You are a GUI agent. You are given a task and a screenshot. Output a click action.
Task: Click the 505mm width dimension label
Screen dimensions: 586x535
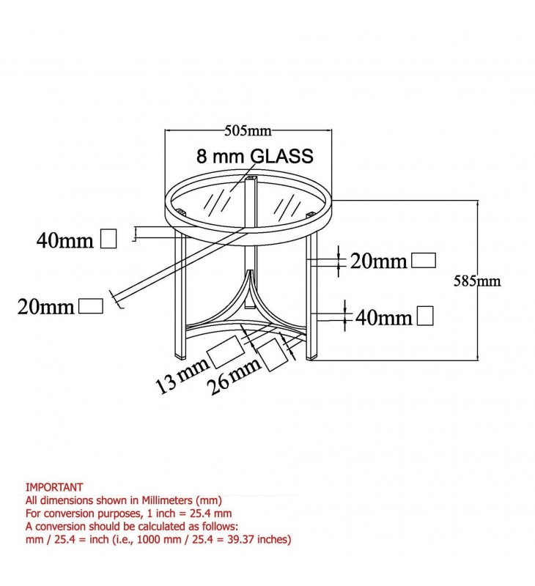pyautogui.click(x=248, y=132)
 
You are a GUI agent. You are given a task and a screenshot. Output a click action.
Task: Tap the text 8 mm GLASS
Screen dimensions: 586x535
pyautogui.click(x=254, y=156)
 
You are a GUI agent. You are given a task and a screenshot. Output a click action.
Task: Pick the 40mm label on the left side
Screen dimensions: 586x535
pyautogui.click(x=65, y=240)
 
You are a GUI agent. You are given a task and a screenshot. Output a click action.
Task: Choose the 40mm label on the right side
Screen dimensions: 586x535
pyautogui.click(x=383, y=317)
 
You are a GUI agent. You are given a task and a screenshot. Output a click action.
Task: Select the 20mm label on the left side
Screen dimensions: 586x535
pyautogui.click(x=45, y=308)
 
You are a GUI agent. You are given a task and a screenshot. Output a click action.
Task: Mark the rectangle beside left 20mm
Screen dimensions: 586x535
pyautogui.click(x=90, y=305)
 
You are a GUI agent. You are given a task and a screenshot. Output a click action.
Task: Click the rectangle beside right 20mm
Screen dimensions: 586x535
pyautogui.click(x=424, y=260)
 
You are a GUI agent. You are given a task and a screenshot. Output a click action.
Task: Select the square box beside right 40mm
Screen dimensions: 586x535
pyautogui.click(x=425, y=316)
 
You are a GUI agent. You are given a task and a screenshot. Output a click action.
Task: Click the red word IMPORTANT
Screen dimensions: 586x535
pyautogui.click(x=54, y=486)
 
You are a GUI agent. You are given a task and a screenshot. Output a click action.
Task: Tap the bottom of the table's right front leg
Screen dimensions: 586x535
pyautogui.click(x=313, y=357)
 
